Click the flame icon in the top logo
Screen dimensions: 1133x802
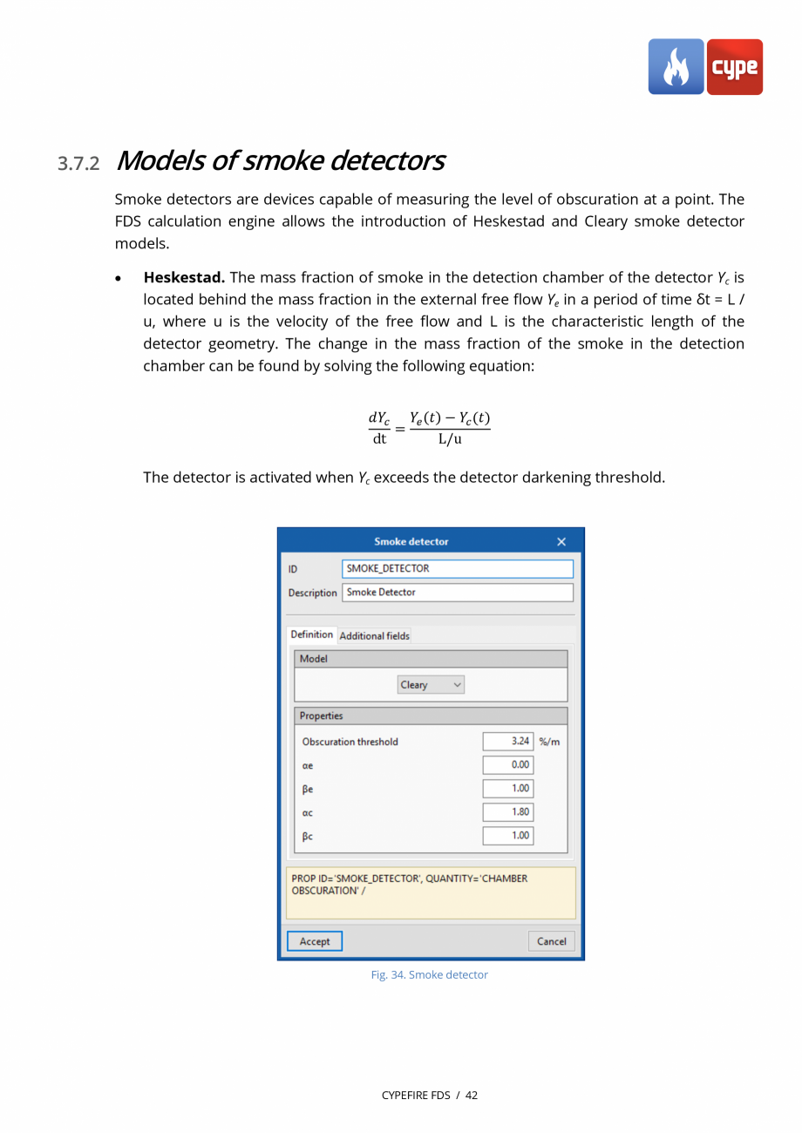[676, 67]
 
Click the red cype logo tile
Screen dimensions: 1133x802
[735, 67]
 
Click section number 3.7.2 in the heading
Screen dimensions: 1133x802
[78, 164]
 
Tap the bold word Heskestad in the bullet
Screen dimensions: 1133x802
[184, 277]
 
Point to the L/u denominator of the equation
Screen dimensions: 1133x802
[450, 438]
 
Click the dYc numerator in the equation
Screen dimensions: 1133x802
[379, 418]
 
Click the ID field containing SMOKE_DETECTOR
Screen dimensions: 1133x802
[457, 568]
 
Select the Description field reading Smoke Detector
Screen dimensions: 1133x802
[457, 593]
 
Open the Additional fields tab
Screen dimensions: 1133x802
[374, 636]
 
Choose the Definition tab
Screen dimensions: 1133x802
[311, 634]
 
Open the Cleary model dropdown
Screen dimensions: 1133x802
[431, 685]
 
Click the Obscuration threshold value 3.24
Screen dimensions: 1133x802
[507, 742]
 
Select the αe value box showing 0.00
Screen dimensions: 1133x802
[507, 765]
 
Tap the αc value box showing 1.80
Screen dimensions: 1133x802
[507, 812]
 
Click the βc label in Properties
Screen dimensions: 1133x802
[308, 836]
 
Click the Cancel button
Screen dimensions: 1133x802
[551, 941]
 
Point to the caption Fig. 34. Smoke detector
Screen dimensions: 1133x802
[430, 975]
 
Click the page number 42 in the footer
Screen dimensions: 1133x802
[472, 1096]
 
